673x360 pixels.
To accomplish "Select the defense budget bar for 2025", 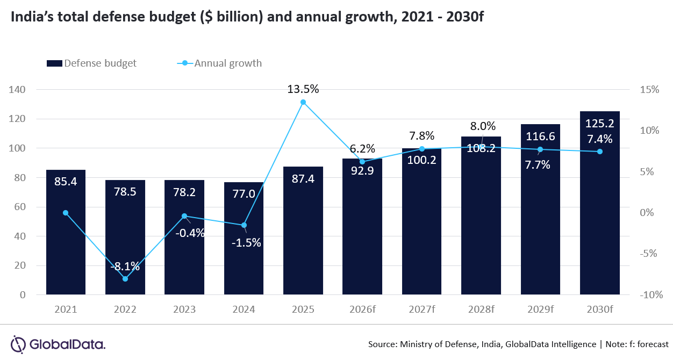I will [x=303, y=231].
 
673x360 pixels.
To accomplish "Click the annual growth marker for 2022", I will [x=125, y=278].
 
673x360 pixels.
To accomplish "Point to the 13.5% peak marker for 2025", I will [x=303, y=102].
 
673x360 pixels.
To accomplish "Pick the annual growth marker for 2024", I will [x=244, y=225].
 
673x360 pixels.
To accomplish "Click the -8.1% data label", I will [x=125, y=266].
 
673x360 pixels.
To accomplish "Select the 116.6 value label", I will [x=540, y=136].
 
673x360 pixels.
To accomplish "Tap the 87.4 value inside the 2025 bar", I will [x=303, y=178].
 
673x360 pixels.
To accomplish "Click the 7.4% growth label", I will [x=599, y=139].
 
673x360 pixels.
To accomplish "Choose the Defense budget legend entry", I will [x=91, y=63].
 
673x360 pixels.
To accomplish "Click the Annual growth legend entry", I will [x=220, y=63].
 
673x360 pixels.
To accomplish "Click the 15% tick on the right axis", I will [x=649, y=90].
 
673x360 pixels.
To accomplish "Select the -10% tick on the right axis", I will [x=648, y=295].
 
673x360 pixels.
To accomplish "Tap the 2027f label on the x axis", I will [x=421, y=310].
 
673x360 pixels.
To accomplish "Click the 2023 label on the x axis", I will [x=184, y=310].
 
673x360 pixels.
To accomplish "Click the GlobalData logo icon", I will [x=19, y=344].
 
